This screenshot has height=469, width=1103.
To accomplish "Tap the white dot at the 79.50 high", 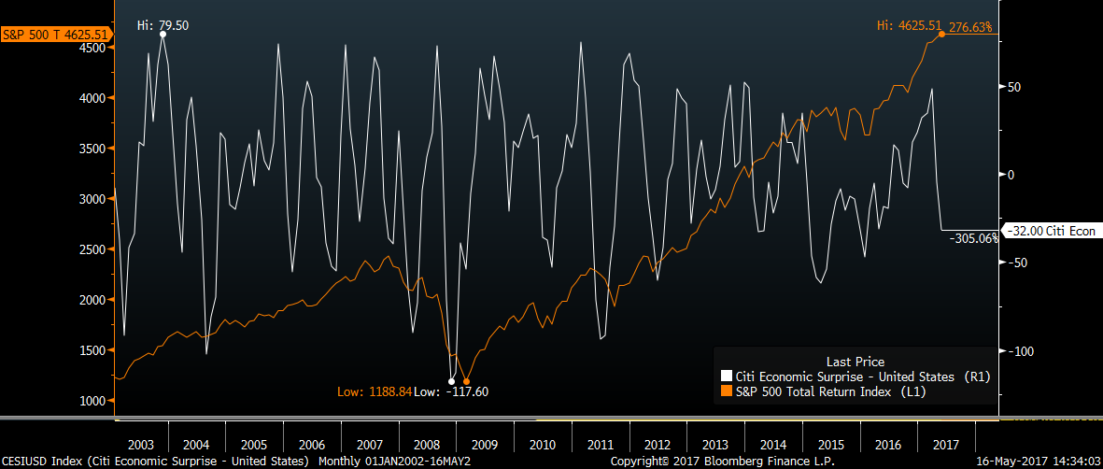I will (x=163, y=34).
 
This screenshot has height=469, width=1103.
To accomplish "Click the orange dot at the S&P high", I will (x=940, y=34).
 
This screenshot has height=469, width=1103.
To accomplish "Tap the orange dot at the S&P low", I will (x=466, y=381).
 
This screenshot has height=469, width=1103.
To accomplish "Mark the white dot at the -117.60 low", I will (x=452, y=381).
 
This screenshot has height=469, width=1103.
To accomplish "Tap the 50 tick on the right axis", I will (x=1012, y=87).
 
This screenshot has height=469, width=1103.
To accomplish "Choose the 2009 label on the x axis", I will (x=484, y=444).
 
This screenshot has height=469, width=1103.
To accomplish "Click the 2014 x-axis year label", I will (x=772, y=444).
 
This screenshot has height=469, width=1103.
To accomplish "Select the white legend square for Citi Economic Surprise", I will (x=728, y=377).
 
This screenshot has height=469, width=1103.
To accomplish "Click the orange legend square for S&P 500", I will (x=728, y=392).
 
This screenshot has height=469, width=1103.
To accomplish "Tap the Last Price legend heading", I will (x=855, y=362).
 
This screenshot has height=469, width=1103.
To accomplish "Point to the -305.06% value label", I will (x=974, y=238).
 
